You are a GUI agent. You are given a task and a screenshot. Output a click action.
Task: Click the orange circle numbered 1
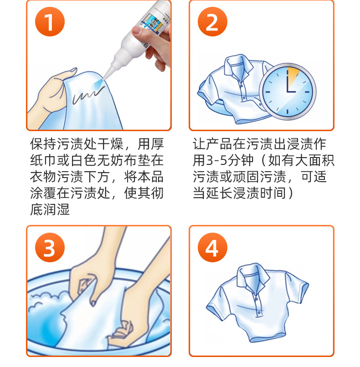click(x=50, y=22)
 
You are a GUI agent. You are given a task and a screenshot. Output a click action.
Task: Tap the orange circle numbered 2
click(x=212, y=22)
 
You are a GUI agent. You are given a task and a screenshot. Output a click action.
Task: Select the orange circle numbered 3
click(x=50, y=248)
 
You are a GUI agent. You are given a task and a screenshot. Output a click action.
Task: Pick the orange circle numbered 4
click(x=212, y=248)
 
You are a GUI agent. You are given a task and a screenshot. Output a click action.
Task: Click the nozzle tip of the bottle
click(x=104, y=78)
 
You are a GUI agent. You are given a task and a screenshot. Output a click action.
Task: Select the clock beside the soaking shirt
click(x=288, y=92)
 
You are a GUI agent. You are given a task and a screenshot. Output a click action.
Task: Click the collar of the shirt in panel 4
click(x=252, y=277)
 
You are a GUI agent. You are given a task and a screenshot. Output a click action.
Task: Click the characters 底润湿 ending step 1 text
click(x=50, y=209)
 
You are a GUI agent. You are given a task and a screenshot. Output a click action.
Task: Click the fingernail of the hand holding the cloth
click(x=73, y=70)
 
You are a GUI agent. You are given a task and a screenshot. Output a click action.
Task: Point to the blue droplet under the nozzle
click(x=98, y=85)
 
